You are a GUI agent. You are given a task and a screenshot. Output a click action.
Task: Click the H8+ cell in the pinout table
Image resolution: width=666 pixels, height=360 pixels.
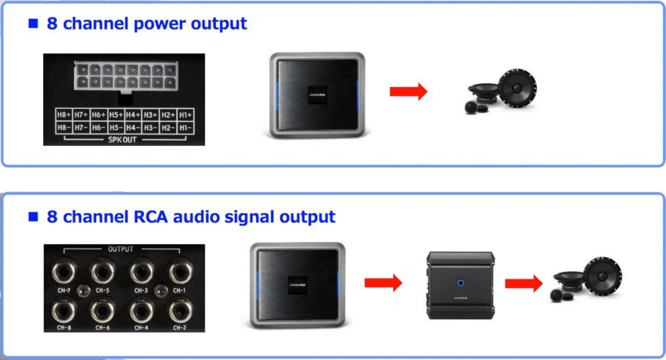click(x=63, y=114)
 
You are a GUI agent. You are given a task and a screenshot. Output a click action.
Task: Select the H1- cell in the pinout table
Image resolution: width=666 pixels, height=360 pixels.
click(x=186, y=127)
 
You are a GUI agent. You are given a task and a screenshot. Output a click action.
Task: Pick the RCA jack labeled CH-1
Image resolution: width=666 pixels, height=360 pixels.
click(x=178, y=271)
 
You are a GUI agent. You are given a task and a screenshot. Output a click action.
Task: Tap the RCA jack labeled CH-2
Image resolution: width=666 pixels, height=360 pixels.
click(x=178, y=311)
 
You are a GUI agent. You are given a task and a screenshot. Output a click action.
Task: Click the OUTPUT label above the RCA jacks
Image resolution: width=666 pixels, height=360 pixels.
click(x=121, y=249)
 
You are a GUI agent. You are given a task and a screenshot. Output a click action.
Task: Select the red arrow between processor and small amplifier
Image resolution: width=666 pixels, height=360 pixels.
click(x=383, y=282)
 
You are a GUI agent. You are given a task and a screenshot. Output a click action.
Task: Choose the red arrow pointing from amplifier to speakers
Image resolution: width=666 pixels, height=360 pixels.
click(x=523, y=283)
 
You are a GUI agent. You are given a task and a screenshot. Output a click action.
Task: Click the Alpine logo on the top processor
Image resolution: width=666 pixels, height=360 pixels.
click(x=317, y=96)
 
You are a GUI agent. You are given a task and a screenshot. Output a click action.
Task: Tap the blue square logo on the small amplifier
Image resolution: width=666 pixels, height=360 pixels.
click(x=460, y=284)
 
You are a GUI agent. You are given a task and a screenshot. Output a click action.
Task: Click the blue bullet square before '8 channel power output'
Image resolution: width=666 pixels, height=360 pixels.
click(x=33, y=23)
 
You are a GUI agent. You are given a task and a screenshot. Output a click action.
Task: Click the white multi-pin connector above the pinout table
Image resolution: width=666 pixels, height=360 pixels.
click(x=125, y=75)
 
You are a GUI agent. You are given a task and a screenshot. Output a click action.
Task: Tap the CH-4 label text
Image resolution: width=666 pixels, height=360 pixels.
click(x=141, y=328)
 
